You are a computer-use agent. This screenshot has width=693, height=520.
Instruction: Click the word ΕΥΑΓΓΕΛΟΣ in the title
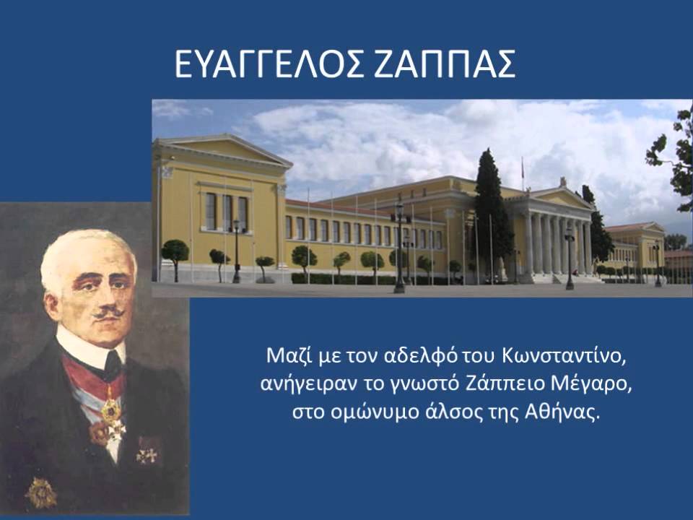tap(262, 66)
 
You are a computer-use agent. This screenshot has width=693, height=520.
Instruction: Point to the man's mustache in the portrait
tap(108, 312)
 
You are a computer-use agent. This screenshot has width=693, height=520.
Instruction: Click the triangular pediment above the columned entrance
tap(559, 198)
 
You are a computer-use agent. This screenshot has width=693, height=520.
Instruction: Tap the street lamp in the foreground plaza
tap(399, 246)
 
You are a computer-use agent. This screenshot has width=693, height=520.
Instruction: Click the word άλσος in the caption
tap(463, 414)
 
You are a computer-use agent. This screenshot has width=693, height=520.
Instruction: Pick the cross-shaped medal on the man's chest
tap(148, 454)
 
